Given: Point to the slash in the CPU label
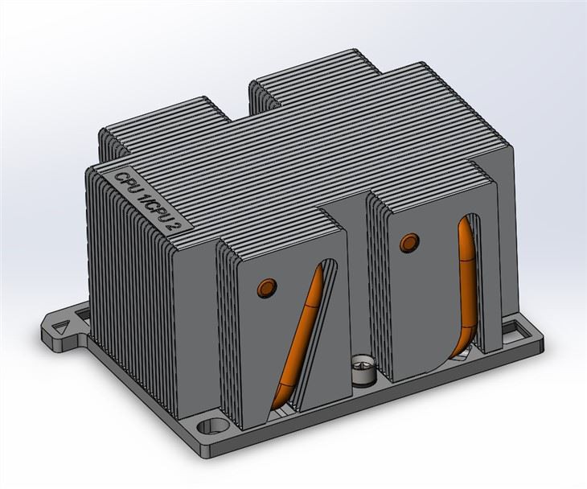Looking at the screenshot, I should coord(150,199).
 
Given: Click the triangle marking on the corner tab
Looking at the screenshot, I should coord(60,327).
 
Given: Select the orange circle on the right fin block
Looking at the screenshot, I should coord(409,241).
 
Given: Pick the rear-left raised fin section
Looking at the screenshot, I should coord(161,121).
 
